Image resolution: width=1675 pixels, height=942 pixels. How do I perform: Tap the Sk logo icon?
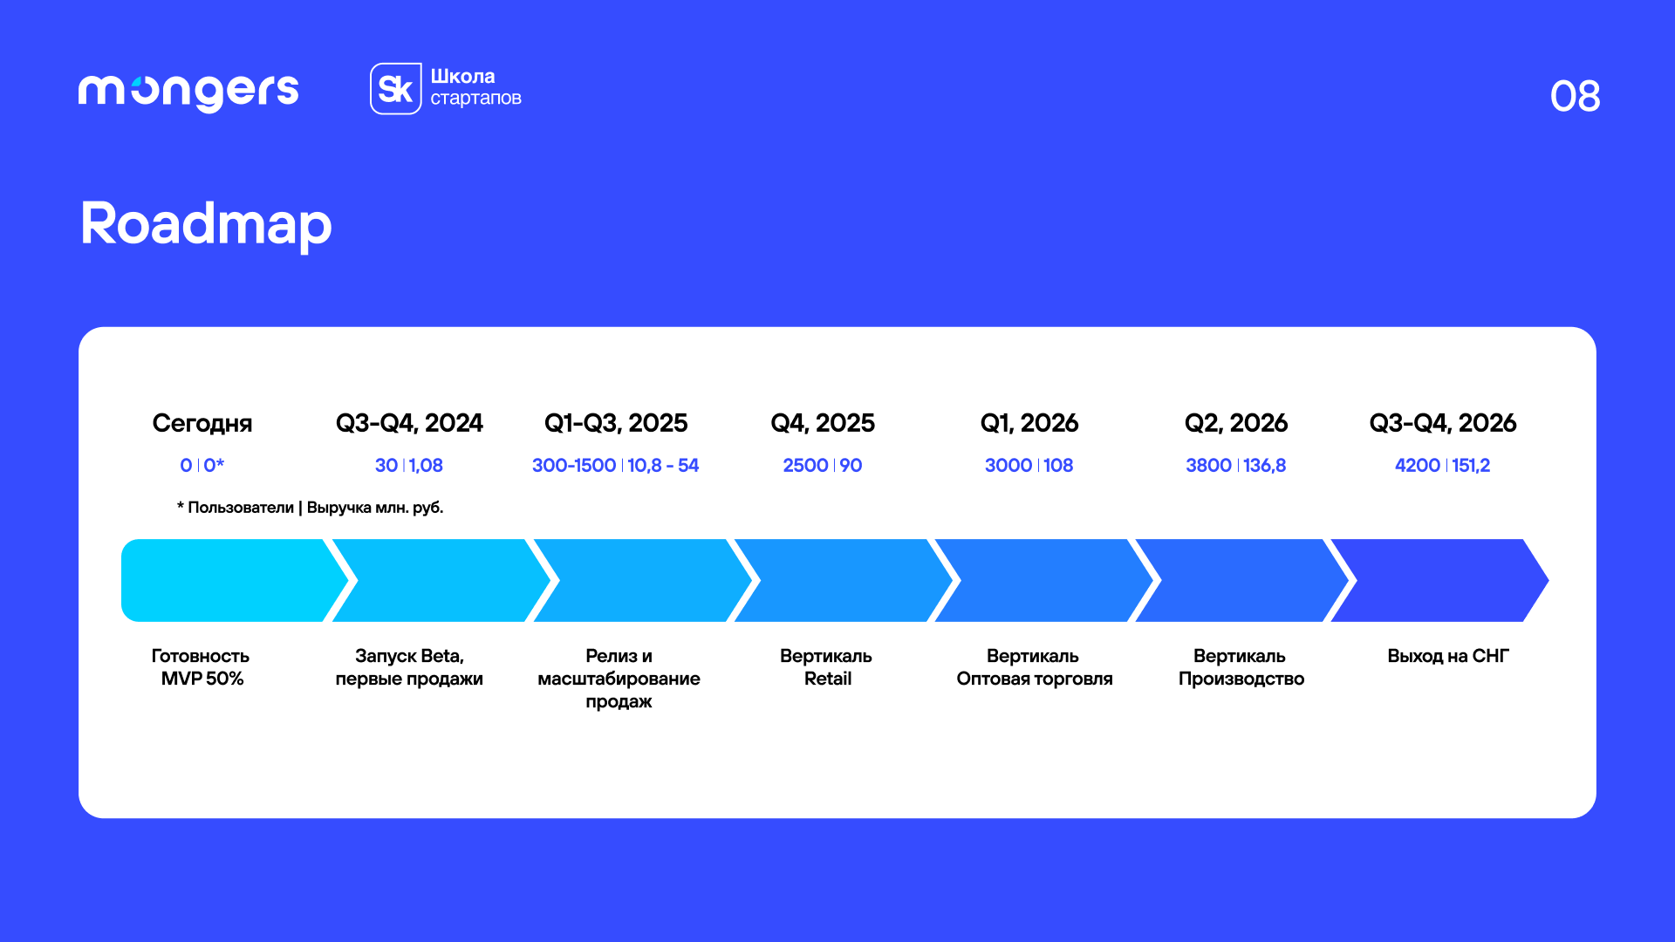396,88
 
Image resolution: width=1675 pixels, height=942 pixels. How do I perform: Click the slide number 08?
1575,96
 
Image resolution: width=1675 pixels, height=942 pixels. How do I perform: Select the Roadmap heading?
206,224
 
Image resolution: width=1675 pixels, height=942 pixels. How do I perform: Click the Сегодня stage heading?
202,423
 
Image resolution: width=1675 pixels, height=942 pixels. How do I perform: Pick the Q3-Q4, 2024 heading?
409,423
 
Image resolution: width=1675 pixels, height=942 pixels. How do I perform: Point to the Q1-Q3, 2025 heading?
616,423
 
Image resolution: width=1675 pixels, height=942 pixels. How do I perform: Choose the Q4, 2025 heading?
823,423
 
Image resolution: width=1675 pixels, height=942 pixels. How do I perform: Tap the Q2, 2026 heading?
1236,423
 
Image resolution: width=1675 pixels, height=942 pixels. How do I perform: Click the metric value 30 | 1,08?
409,466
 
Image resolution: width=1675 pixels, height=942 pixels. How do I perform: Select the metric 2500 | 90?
823,466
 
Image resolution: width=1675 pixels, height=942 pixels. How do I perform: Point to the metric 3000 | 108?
1029,466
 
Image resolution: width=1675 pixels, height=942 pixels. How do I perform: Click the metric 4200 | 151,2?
1443,466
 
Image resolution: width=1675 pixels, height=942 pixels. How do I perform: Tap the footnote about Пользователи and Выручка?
311,508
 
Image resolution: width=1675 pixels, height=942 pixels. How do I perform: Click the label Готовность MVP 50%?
202,667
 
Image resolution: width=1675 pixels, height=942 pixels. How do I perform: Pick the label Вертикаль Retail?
826,667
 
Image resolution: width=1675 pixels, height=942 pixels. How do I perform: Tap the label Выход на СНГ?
1448,656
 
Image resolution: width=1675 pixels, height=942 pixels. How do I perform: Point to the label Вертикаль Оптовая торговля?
1034,667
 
